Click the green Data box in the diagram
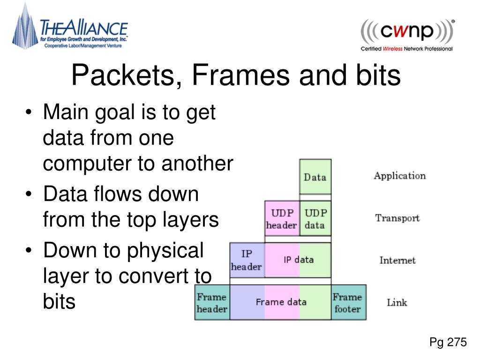[315, 177]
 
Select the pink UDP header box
[282, 219]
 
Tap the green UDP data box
[315, 219]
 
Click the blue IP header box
[247, 260]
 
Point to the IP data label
[299, 260]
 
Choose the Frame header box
[212, 302]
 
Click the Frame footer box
[348, 302]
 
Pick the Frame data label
[281, 302]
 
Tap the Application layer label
[399, 176]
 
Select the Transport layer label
[397, 218]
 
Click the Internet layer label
[397, 260]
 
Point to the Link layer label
[397, 302]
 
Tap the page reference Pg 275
[448, 343]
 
